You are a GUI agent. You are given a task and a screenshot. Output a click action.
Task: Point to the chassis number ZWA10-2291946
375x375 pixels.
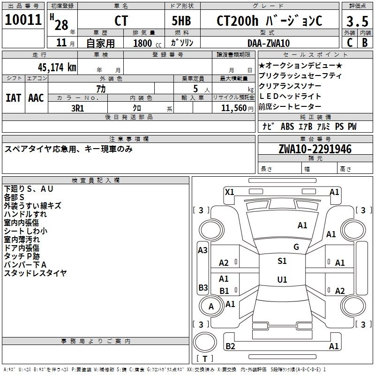tap(315, 150)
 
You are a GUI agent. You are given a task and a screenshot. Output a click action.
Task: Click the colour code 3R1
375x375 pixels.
tap(78, 108)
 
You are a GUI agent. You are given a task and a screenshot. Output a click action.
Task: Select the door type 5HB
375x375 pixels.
tap(180, 21)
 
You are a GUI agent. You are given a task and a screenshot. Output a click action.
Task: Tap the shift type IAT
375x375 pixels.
tap(14, 97)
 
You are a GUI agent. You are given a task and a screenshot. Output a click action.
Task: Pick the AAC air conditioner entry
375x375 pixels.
tap(36, 97)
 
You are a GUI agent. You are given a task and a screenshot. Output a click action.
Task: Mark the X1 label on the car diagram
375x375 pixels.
tap(230, 191)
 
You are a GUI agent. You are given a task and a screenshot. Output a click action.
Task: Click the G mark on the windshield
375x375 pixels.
tap(296, 247)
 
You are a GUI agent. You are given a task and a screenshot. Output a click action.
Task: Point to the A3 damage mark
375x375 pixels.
tap(203, 250)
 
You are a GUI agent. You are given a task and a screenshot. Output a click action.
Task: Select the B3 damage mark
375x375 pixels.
tap(203, 287)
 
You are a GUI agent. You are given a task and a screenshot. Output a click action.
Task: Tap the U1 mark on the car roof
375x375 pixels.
tap(282, 279)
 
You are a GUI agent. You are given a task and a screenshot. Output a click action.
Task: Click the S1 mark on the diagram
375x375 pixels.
tap(282, 261)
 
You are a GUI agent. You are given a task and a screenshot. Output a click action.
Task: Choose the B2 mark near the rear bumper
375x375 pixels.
tap(230, 346)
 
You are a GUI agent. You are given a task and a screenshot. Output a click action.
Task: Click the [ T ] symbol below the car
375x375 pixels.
tap(205, 359)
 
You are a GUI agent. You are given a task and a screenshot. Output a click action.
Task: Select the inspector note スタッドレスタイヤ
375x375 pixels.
tap(36, 273)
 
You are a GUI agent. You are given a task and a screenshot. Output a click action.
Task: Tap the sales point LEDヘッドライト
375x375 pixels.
tap(291, 96)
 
